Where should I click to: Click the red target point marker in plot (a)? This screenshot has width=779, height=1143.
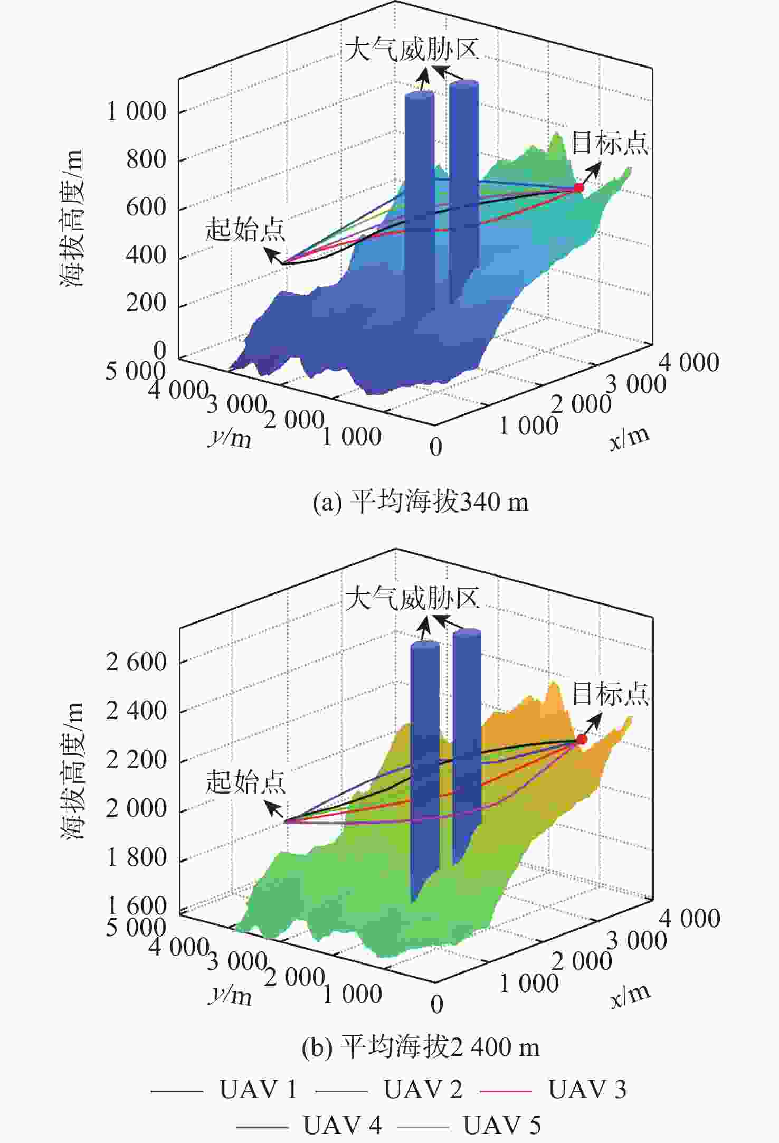click(x=579, y=187)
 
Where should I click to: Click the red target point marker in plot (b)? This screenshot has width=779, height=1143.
click(x=581, y=739)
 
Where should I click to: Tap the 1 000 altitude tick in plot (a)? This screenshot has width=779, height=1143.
click(x=136, y=111)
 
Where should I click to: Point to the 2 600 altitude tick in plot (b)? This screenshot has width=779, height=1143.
click(x=136, y=662)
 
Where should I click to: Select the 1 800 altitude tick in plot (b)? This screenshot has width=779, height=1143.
click(x=136, y=857)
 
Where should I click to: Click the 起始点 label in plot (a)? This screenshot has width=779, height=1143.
click(x=245, y=229)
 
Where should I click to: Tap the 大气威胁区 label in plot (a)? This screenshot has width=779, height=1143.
click(x=412, y=49)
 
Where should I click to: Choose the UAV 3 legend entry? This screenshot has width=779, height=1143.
click(x=553, y=1089)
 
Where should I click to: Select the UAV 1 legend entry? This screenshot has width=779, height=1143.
click(x=224, y=1089)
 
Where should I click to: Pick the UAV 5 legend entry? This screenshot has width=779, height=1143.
click(x=469, y=1125)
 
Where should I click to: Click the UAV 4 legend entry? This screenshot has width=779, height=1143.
click(x=309, y=1125)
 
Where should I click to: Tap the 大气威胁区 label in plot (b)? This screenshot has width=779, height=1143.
click(x=412, y=599)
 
